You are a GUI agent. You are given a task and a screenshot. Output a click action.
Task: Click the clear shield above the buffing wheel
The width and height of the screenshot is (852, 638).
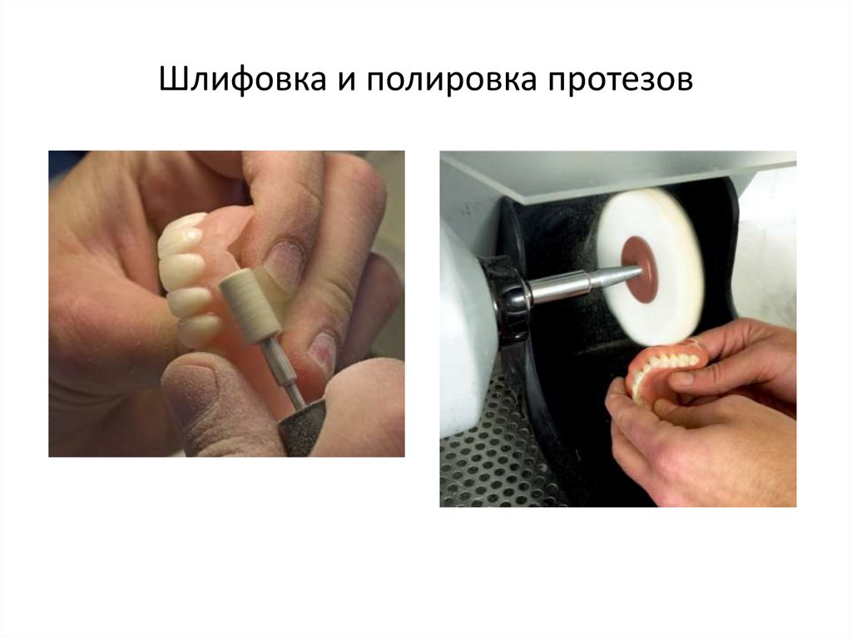pyautogui.click(x=616, y=171)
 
